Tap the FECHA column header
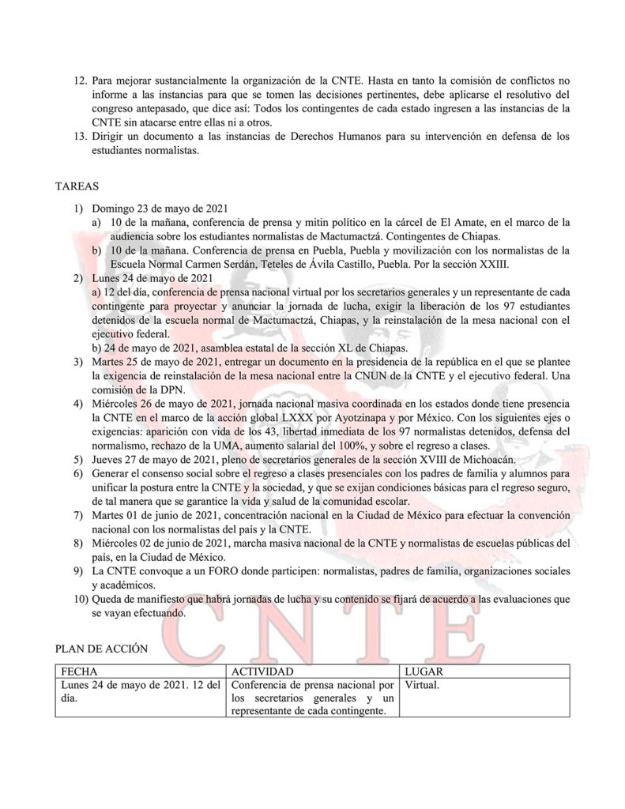pyautogui.click(x=78, y=672)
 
